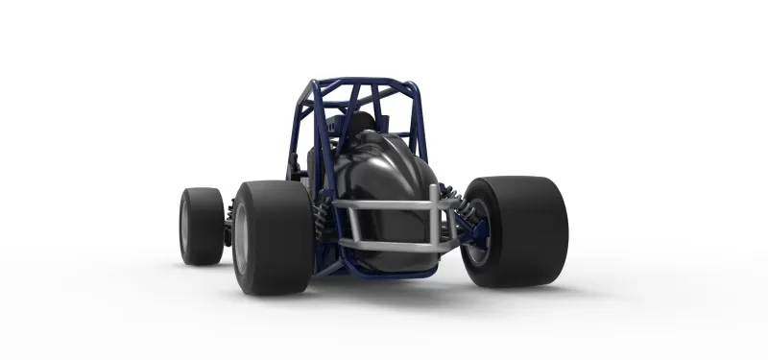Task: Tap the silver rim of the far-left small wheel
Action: point(184,227)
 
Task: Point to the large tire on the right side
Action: point(523,230)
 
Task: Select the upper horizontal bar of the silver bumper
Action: point(384,204)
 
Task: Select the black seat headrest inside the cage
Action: point(361,123)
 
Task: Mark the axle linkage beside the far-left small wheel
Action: point(228,227)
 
